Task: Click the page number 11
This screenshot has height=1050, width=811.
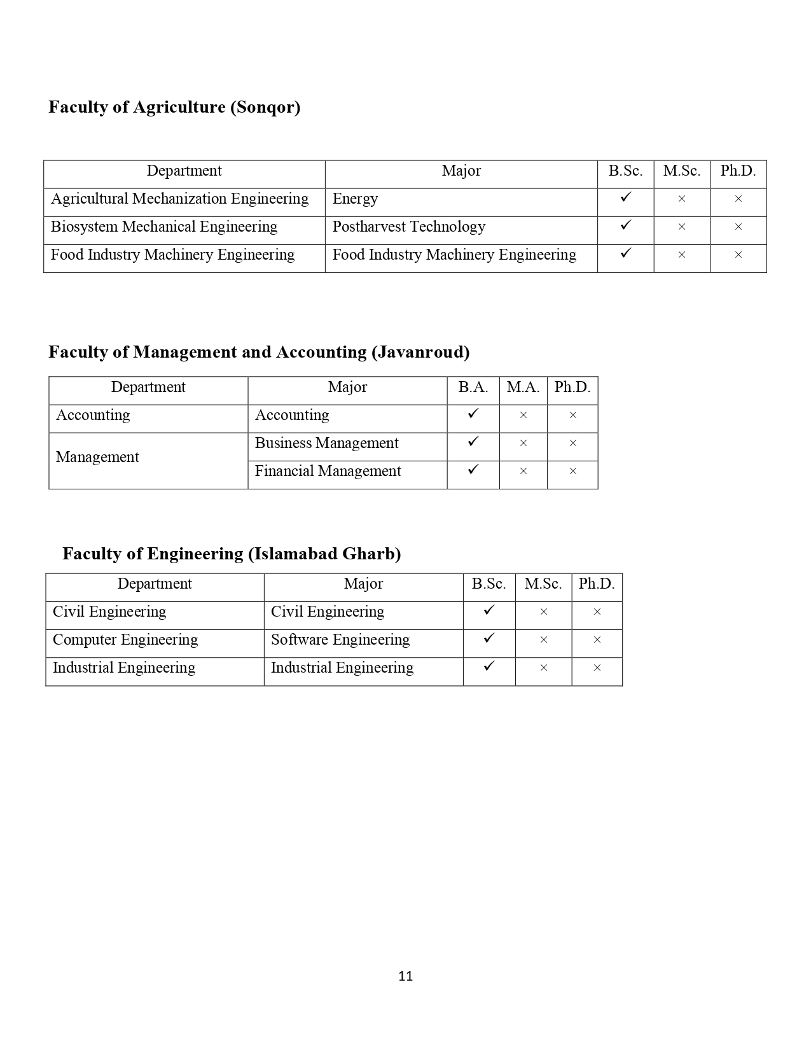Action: click(405, 976)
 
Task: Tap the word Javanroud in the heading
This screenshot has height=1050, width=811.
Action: click(420, 352)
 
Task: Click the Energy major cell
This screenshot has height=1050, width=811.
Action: click(355, 199)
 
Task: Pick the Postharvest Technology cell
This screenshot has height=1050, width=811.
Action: click(408, 227)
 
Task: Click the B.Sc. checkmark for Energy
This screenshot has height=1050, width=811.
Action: click(625, 198)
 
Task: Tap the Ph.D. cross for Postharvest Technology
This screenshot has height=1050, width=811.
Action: click(738, 227)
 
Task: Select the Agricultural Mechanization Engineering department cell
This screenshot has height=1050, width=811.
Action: click(179, 199)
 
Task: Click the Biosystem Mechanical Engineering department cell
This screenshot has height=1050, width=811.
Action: click(164, 227)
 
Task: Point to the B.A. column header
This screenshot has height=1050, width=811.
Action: click(473, 388)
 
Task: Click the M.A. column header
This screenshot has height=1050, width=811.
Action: click(523, 388)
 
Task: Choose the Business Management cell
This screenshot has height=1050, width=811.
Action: click(326, 444)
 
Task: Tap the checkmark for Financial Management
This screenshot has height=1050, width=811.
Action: click(473, 470)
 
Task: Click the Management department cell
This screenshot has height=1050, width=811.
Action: click(97, 458)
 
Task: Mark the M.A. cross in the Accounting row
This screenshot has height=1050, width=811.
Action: click(523, 416)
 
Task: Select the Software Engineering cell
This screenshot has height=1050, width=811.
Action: click(340, 640)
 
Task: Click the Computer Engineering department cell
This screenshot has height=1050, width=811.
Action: click(125, 640)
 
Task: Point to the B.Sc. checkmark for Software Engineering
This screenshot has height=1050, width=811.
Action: click(489, 638)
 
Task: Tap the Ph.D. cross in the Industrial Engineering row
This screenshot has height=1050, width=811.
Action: click(597, 668)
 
